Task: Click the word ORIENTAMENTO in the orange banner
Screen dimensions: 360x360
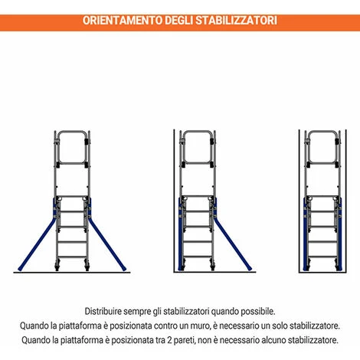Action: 123,21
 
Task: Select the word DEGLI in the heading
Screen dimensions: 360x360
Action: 178,21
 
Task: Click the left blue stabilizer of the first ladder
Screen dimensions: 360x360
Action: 36,245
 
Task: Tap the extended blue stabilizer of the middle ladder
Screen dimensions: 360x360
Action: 232,245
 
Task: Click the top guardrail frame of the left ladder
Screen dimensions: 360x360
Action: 72,147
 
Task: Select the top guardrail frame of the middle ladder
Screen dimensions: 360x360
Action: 198,147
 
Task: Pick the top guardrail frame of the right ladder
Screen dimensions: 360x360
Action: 322,147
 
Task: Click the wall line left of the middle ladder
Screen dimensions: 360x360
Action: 174,201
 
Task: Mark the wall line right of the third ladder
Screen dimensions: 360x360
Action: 346,201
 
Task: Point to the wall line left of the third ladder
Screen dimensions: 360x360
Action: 299,201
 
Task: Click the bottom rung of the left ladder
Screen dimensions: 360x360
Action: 72,257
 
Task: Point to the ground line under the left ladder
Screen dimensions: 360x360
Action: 72,273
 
